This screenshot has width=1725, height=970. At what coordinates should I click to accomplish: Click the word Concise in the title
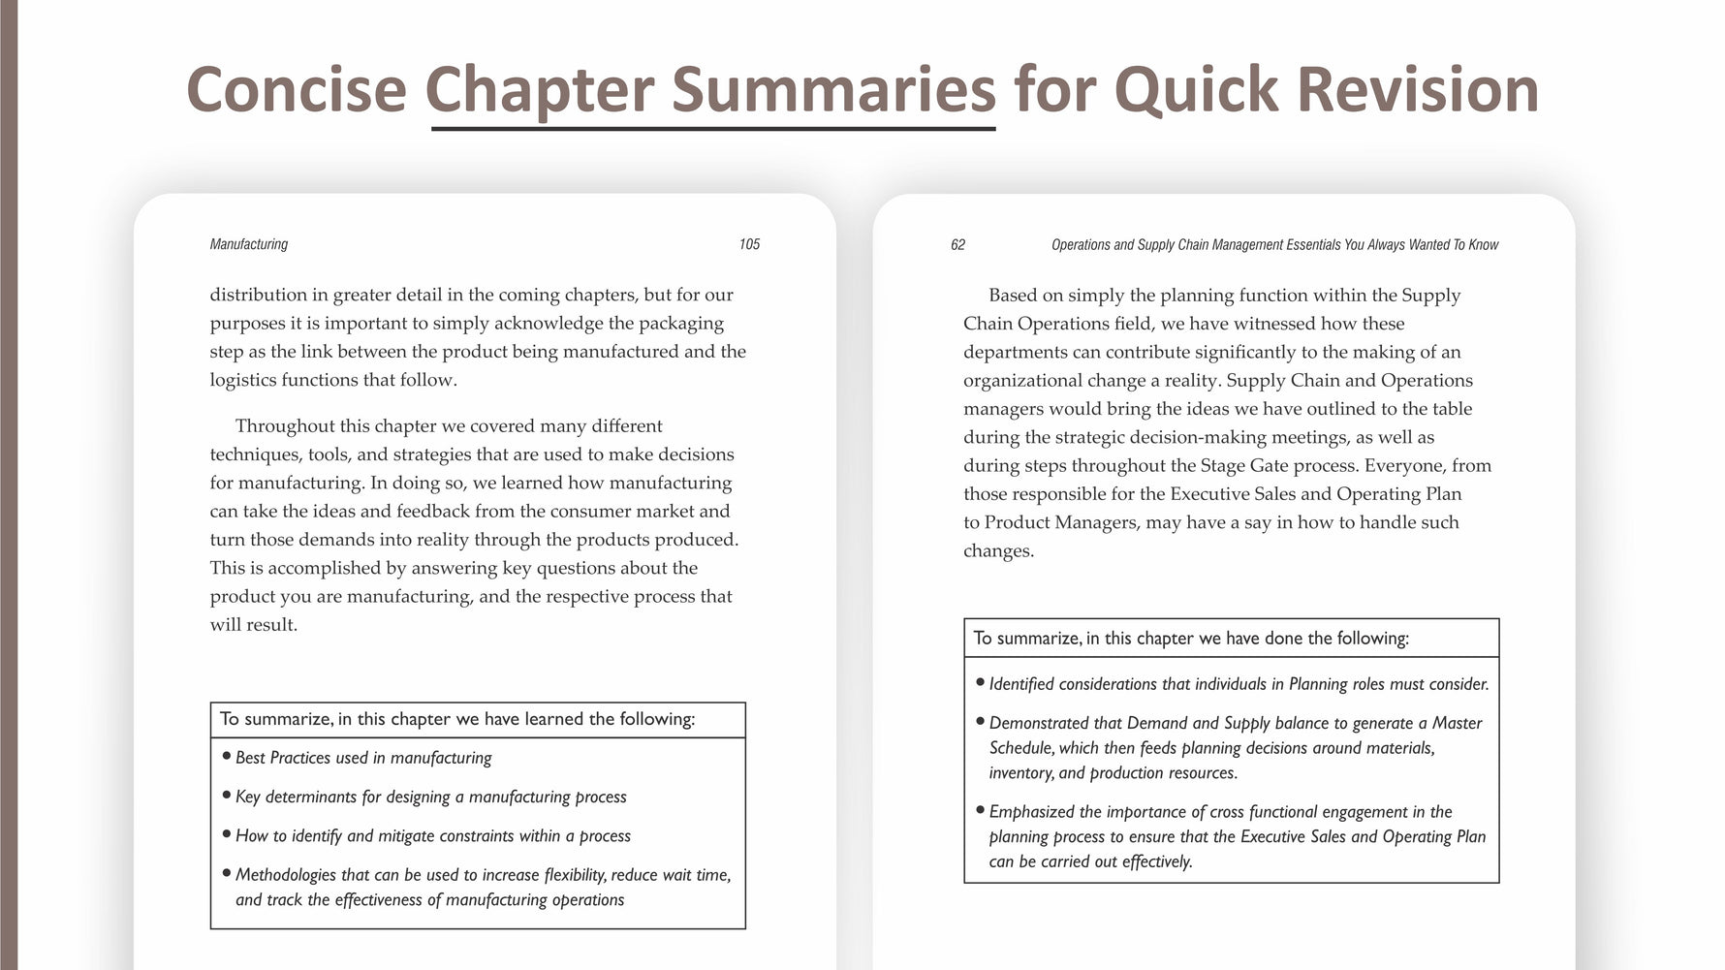point(296,89)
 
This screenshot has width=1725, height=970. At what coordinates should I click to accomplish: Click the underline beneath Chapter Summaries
point(712,128)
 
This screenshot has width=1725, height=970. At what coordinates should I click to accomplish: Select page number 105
point(749,244)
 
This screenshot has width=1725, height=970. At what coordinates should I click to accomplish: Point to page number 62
point(957,244)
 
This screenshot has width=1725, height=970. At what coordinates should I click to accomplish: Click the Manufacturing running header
point(248,244)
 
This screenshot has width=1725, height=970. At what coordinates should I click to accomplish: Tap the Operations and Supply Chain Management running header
point(1274,244)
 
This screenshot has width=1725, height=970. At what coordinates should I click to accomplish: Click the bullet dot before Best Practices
point(227,755)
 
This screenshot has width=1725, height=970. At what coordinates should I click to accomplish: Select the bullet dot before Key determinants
point(227,794)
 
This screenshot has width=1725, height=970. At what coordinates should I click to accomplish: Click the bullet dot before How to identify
point(227,832)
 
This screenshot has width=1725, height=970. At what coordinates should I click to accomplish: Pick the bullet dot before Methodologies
point(227,872)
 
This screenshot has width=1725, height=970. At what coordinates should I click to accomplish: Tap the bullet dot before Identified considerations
point(981,681)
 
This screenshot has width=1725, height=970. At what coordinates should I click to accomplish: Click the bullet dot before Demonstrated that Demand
point(981,720)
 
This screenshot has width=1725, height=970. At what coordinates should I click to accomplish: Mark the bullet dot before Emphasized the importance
point(981,809)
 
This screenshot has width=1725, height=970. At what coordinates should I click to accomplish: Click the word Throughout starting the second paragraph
point(285,426)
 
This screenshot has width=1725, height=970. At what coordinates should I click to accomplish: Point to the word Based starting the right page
point(1013,296)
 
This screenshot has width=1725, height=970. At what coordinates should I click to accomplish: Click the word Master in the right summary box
point(1457,723)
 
